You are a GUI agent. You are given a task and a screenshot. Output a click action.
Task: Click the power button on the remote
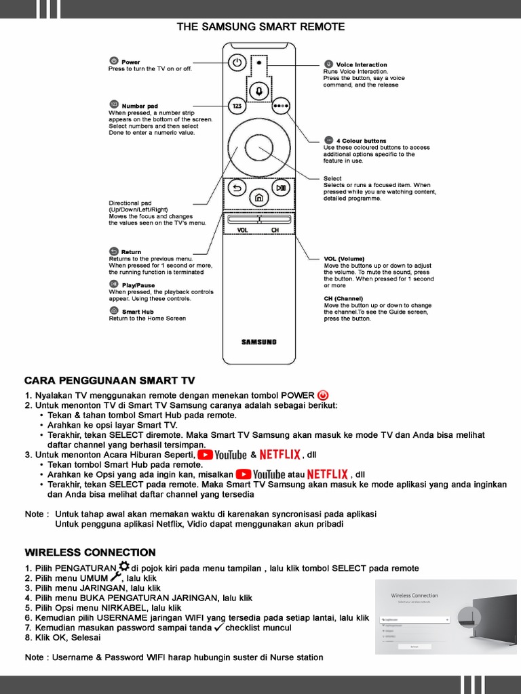(236, 63)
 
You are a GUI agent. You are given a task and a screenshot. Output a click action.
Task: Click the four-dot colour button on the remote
(281, 106)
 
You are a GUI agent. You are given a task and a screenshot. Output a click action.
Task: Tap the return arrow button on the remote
(237, 188)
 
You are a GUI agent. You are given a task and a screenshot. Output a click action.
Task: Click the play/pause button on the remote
(281, 188)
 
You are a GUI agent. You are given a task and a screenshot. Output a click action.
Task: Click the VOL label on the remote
(243, 230)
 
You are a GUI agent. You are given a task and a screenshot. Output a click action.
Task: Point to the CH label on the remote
(275, 230)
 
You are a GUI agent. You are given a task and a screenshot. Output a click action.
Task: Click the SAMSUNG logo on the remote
(259, 342)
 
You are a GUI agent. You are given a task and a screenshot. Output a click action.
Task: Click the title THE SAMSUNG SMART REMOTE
(260, 27)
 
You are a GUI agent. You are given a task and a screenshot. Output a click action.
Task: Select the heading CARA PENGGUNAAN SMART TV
(109, 380)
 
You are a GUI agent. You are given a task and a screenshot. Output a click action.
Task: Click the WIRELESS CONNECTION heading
(90, 552)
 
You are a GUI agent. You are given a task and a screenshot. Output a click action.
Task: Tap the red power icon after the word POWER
(323, 395)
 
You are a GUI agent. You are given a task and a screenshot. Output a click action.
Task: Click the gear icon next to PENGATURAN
(123, 567)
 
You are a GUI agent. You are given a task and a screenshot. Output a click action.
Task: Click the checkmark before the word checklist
(218, 628)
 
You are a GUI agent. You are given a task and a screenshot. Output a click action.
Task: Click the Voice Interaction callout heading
(362, 65)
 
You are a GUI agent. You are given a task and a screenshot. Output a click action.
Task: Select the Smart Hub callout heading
(138, 312)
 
